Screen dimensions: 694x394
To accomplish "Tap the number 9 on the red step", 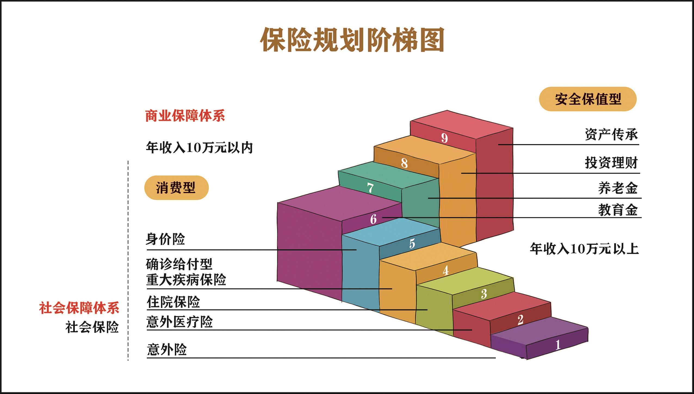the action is pyautogui.click(x=444, y=138).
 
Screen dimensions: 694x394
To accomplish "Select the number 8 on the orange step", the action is pyautogui.click(x=404, y=163).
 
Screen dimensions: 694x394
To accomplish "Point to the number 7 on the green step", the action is pyautogui.click(x=370, y=188).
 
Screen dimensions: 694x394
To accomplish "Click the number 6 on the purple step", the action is pyautogui.click(x=373, y=219).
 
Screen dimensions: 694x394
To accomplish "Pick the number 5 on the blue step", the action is pyautogui.click(x=412, y=243).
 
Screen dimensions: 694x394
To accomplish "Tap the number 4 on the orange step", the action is pyautogui.click(x=445, y=270).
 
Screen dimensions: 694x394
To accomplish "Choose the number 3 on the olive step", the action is pyautogui.click(x=484, y=294).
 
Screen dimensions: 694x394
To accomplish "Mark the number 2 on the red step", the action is pyautogui.click(x=520, y=320).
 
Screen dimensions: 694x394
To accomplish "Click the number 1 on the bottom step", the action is pyautogui.click(x=558, y=345).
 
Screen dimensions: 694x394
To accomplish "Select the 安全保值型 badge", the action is pyautogui.click(x=588, y=99).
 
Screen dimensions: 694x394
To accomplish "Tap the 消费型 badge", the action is pyautogui.click(x=176, y=188).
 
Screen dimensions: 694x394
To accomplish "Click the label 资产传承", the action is pyautogui.click(x=611, y=135).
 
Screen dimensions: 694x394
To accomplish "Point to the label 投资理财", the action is pyautogui.click(x=611, y=163).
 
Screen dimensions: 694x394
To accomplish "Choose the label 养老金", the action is pyautogui.click(x=618, y=188).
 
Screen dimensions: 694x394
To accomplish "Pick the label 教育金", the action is pyautogui.click(x=618, y=210).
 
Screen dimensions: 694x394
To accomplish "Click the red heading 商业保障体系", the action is pyautogui.click(x=185, y=116).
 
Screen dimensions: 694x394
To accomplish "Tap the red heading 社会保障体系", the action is pyautogui.click(x=79, y=308).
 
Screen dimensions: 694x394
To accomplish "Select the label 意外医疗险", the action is pyautogui.click(x=179, y=322).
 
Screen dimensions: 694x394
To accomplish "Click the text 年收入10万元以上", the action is pyautogui.click(x=584, y=249).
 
